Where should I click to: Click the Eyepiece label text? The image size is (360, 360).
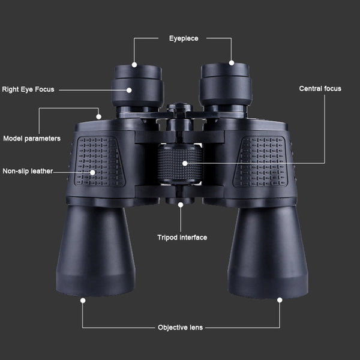tap(184, 38)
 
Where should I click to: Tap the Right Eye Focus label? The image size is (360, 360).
tap(28, 89)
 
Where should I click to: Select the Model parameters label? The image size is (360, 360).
tap(32, 139)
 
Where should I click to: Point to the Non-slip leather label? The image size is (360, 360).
tap(28, 171)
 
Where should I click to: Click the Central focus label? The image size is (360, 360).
tap(320, 89)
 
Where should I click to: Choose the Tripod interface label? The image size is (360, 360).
tap(182, 238)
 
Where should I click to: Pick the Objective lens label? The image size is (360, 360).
tap(180, 328)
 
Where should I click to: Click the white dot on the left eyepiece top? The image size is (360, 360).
tap(134, 65)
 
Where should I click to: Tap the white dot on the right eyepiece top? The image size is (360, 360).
tap(232, 62)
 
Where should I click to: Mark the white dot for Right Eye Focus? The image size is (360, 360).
tap(129, 90)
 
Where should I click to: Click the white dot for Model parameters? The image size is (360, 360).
tap(99, 116)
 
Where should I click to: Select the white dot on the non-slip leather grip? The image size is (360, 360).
tap(92, 172)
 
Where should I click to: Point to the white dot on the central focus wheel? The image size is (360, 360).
tap(185, 163)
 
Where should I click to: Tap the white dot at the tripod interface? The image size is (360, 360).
tap(181, 205)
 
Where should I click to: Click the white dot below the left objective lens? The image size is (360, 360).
tap(83, 301)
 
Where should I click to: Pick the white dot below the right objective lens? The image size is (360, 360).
tap(280, 300)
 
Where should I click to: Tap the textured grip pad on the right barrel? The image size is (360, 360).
tap(260, 161)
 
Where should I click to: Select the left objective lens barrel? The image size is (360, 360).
tap(95, 250)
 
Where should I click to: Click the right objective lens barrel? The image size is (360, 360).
tap(268, 253)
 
